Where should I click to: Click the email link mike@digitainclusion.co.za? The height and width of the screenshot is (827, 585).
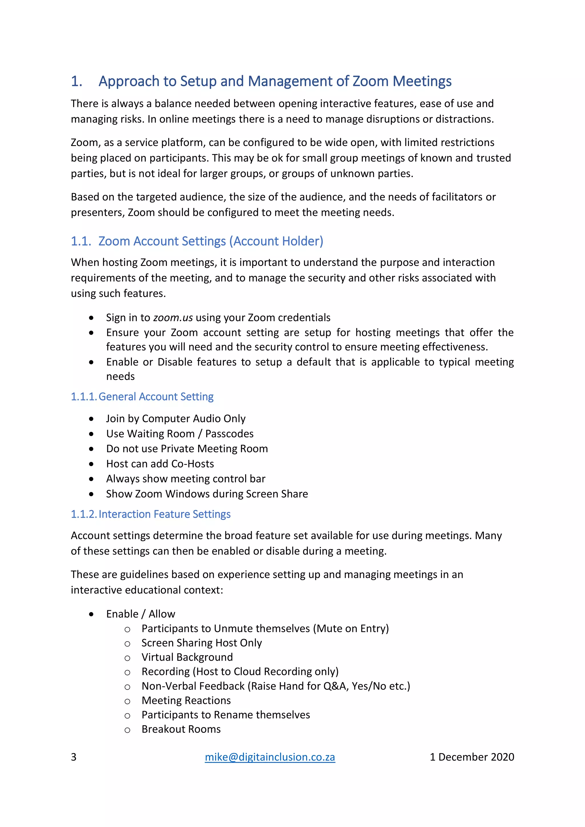point(270,757)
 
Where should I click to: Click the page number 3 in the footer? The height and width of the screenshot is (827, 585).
point(73,757)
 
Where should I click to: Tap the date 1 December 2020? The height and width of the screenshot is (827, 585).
point(472,757)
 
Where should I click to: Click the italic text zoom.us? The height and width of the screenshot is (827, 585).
point(173,318)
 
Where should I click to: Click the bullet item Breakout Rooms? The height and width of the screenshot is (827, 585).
point(181,729)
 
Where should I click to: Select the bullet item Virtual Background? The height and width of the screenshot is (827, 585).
point(187,657)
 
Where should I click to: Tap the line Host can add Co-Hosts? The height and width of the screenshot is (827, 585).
point(160,464)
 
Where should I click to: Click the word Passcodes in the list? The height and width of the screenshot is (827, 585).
point(229,434)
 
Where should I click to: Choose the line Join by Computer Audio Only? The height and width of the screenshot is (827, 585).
point(176,418)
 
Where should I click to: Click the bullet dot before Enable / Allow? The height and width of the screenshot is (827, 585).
point(91,614)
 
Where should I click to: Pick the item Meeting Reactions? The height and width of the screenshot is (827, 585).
point(186,700)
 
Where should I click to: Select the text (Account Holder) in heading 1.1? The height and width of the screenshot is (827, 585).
point(278,241)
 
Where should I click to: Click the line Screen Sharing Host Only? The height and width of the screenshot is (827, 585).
point(201,642)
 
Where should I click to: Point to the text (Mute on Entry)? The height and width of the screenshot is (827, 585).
point(351,628)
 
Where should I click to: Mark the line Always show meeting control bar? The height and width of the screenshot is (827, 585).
point(185,479)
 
